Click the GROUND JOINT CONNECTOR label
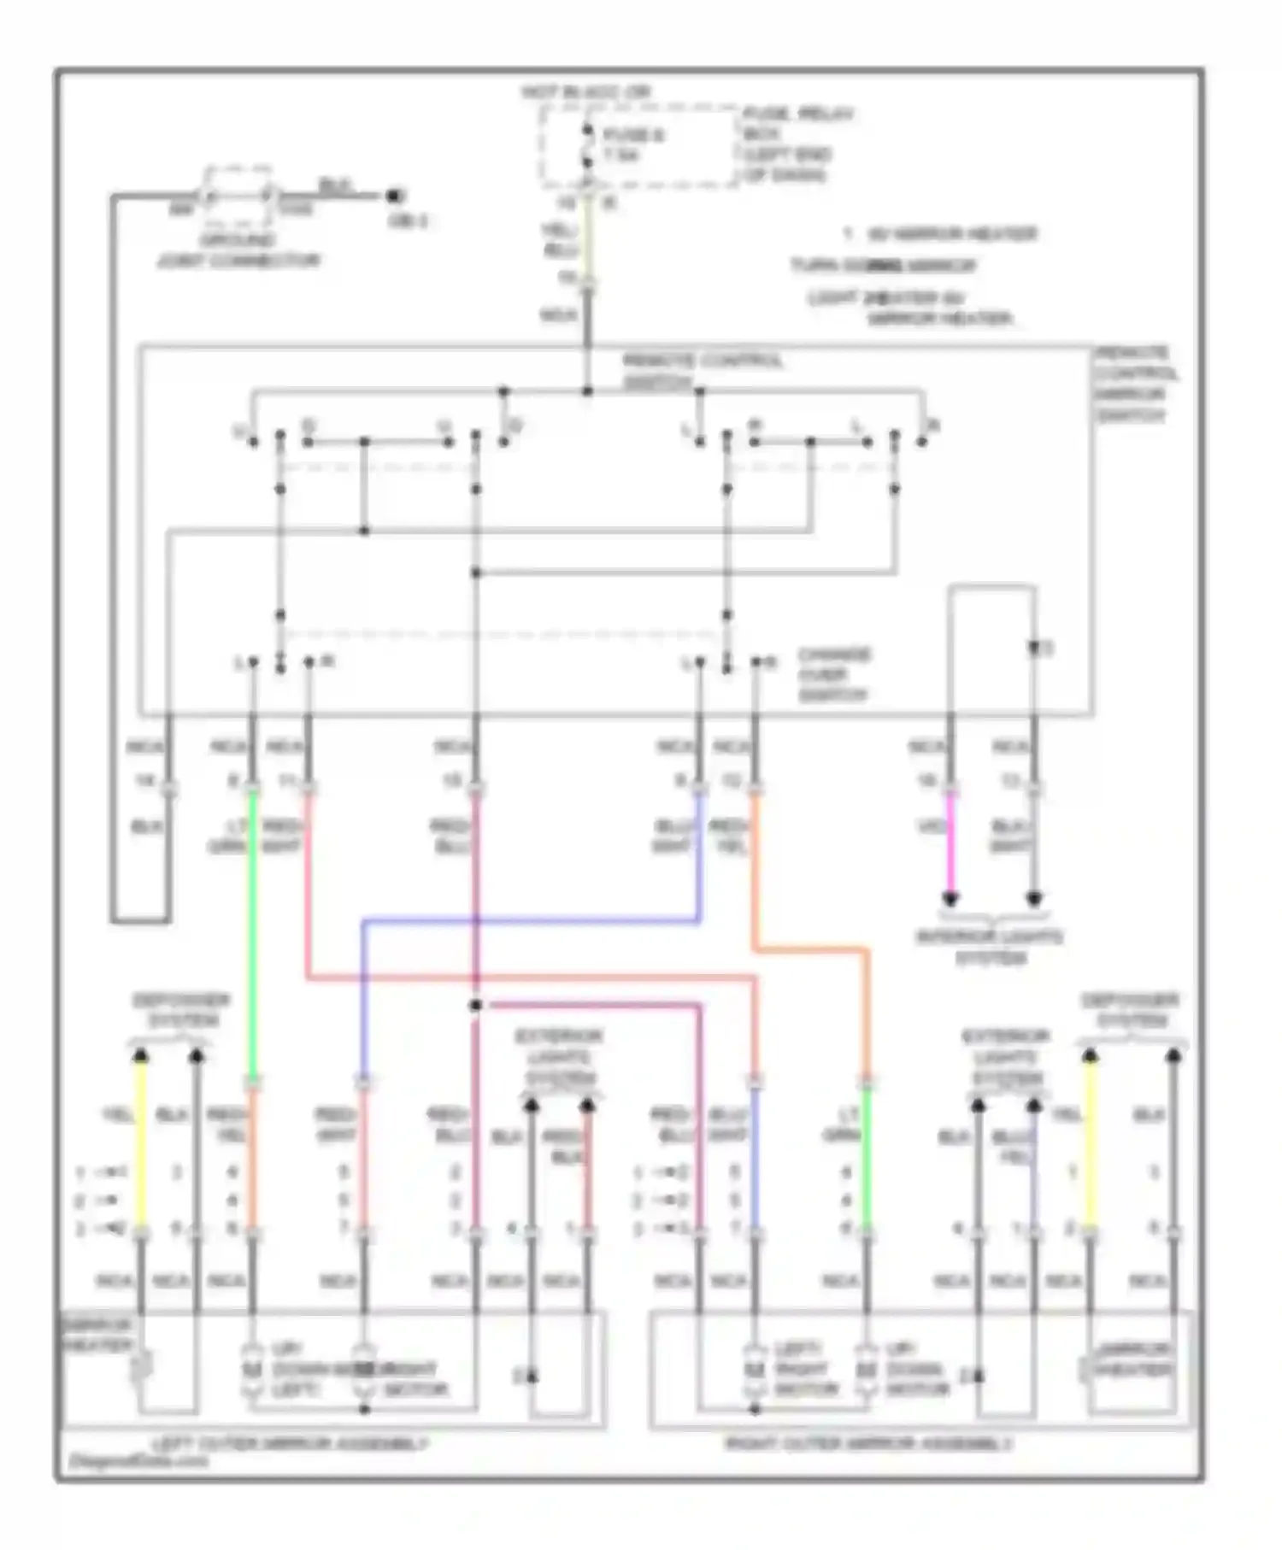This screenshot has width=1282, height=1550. click(x=238, y=251)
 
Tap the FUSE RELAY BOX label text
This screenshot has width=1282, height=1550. click(x=797, y=144)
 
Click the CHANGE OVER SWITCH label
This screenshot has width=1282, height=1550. click(x=833, y=675)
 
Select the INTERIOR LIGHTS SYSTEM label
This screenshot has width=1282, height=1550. click(x=990, y=948)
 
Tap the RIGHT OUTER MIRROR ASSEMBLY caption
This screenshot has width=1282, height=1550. click(x=868, y=1444)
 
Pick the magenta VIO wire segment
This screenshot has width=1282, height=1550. click(x=950, y=843)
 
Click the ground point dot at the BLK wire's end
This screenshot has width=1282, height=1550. click(x=393, y=196)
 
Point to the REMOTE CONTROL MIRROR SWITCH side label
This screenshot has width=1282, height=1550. click(x=1135, y=385)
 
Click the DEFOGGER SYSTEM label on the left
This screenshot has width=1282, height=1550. click(x=180, y=1010)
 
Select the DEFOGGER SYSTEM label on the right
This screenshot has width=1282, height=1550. click(x=1130, y=1010)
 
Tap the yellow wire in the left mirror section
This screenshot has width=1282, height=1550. click(x=141, y=1145)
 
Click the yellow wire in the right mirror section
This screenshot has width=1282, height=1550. click(x=1090, y=1145)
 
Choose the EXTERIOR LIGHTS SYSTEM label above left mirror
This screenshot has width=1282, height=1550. click(x=558, y=1057)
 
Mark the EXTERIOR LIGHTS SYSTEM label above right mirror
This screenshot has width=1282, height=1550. click(x=1007, y=1057)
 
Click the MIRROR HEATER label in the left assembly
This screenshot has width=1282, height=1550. click(x=97, y=1336)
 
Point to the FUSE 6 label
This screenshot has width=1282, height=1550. click(x=632, y=135)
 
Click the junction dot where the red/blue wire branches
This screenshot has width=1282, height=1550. click(x=476, y=1005)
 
